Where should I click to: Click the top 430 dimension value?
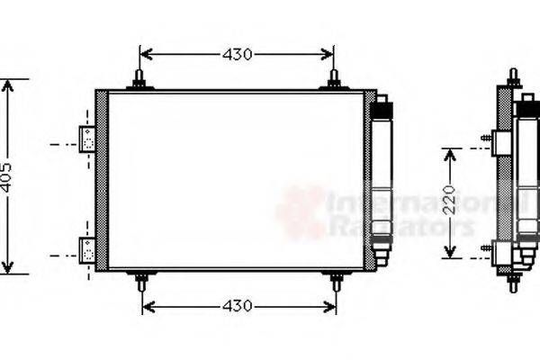(238, 55)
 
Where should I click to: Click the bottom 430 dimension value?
(238, 307)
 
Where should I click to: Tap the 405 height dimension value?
(8, 178)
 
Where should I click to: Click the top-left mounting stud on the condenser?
(139, 79)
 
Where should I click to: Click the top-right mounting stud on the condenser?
(334, 79)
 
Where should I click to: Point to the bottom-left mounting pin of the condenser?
(141, 282)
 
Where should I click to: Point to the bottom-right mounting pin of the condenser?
(335, 282)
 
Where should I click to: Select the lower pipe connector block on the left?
(88, 249)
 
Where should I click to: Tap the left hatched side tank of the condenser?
(101, 180)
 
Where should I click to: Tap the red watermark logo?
(301, 212)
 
